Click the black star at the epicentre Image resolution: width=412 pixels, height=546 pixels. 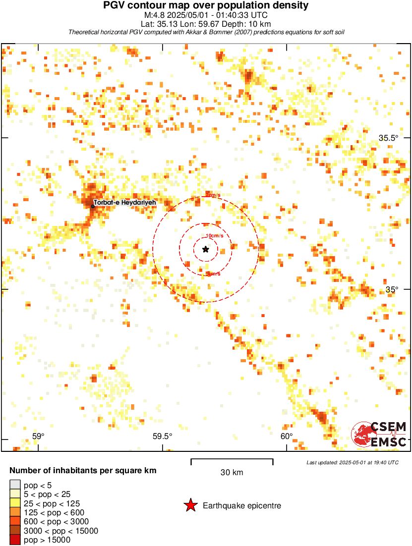pos(205,249)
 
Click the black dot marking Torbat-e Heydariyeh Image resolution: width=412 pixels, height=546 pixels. pos(93,206)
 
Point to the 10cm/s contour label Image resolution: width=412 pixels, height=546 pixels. pos(214,236)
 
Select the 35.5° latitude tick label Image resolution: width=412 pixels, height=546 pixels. pos(388,138)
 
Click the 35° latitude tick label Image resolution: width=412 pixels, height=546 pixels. pos(392,289)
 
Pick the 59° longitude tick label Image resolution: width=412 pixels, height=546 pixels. pos(38,436)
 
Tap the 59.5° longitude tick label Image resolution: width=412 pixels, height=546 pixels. pos(162,436)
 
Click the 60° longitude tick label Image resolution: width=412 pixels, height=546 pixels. pos(287,436)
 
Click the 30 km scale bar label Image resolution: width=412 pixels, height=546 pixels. pos(232,473)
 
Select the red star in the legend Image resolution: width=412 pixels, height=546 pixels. pos(190,505)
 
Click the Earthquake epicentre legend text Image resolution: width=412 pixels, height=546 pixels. pos(242,506)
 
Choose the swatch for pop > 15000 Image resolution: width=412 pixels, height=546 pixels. pos(15,540)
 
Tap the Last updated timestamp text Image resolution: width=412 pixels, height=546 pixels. pos(352,462)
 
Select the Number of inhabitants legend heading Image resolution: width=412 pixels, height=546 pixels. pos(83,470)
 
